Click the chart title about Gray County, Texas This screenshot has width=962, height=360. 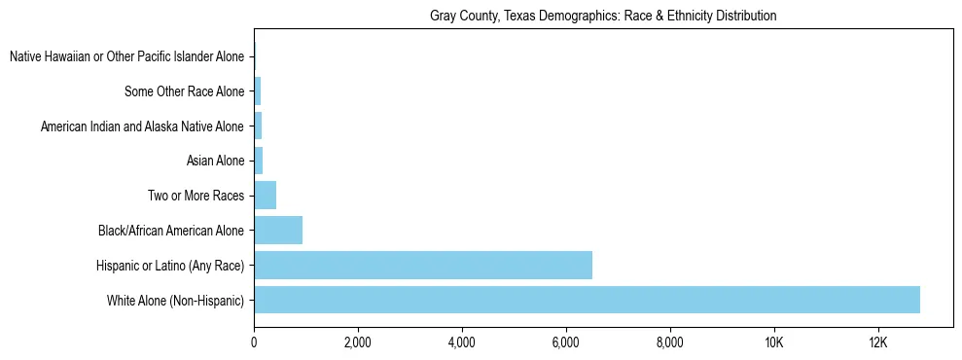603,17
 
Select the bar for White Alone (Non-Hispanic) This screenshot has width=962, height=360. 587,300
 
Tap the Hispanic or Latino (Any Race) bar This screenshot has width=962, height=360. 423,265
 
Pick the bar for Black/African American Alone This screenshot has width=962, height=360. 278,231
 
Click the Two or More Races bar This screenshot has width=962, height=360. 265,196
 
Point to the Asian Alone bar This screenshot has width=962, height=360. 259,161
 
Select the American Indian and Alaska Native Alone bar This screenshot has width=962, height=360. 258,126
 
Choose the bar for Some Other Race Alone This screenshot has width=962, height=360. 258,91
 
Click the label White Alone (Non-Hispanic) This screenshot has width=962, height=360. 175,301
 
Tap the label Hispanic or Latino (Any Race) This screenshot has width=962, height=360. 170,266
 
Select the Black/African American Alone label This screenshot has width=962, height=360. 171,231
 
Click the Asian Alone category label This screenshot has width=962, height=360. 215,162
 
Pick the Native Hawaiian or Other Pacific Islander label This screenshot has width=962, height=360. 126,57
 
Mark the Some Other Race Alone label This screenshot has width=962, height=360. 184,92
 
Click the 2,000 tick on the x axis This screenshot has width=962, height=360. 358,342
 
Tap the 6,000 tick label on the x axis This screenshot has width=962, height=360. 566,342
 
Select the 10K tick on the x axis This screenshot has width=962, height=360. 774,342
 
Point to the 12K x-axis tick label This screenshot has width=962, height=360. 878,342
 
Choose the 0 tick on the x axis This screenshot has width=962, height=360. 254,342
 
